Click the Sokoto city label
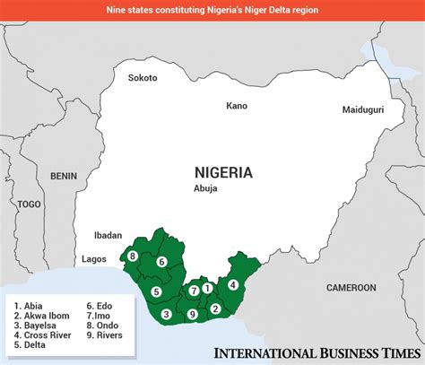pos(143,78)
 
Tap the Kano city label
pos(237,106)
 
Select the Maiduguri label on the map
pos(364,109)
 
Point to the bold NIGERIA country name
pos(223,172)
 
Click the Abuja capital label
pos(206,189)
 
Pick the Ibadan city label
pos(108,235)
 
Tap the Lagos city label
pos(94,258)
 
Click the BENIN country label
pos(64,176)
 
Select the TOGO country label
pos(29,204)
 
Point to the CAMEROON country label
pos(351,288)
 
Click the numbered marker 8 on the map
pos(133,256)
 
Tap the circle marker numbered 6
pos(161,262)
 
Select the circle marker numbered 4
pos(233,285)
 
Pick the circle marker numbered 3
pos(167,314)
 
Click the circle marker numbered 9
pos(193,314)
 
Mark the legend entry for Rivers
pos(105,336)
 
